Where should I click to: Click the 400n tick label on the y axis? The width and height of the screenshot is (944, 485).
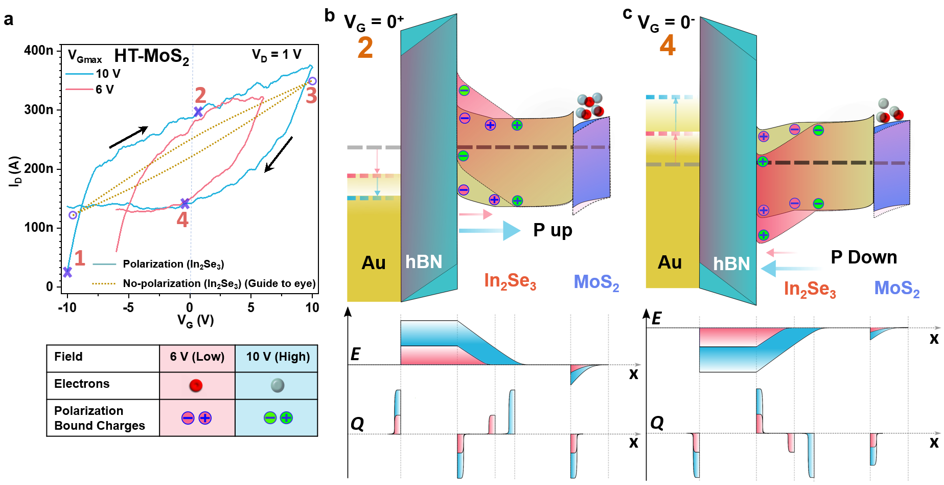(38, 50)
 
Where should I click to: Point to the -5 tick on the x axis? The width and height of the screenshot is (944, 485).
(128, 307)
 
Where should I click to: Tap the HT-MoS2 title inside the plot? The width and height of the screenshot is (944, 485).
(151, 56)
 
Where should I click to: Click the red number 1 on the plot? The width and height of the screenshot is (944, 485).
(79, 258)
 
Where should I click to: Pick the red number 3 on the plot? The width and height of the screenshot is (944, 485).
(311, 96)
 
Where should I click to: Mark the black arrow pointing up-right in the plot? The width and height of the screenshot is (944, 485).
(128, 137)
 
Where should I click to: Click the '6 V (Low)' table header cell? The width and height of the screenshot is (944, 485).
(197, 357)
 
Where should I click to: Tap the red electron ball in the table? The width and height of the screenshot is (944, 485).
(196, 385)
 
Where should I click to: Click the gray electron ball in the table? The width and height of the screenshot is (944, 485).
(277, 385)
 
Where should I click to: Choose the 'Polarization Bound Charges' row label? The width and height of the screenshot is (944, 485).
(100, 418)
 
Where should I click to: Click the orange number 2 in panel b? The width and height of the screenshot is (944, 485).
(365, 48)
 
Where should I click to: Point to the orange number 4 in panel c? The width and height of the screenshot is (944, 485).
(667, 45)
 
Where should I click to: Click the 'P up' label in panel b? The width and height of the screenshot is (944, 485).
(552, 230)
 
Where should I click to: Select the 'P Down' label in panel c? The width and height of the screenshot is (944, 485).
(864, 257)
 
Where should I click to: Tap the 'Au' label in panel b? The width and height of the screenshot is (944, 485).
(374, 262)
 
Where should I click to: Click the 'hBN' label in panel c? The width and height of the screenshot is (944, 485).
(731, 263)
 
